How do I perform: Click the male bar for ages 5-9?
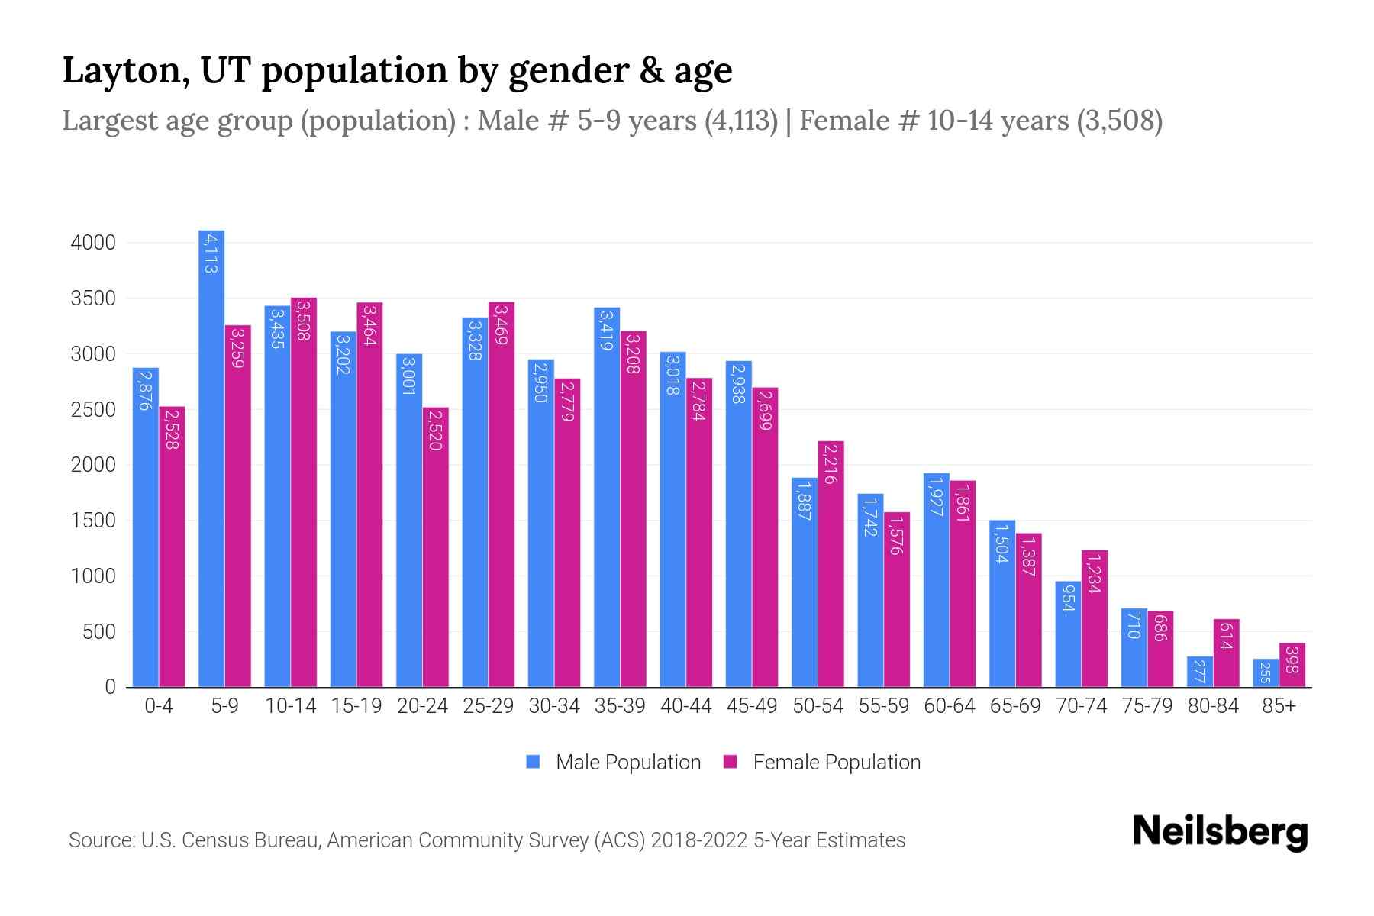pyautogui.click(x=211, y=458)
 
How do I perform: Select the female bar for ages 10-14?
pyautogui.click(x=304, y=492)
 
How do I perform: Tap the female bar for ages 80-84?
pyautogui.click(x=1226, y=653)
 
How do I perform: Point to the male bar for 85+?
pyautogui.click(x=1266, y=672)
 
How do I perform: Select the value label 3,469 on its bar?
pyautogui.click(x=501, y=324)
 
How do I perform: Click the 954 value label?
pyautogui.click(x=1069, y=597)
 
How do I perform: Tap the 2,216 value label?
pyautogui.click(x=831, y=463)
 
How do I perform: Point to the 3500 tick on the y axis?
pyautogui.click(x=93, y=298)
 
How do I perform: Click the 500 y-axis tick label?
pyautogui.click(x=99, y=632)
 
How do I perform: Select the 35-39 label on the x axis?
pyautogui.click(x=620, y=706)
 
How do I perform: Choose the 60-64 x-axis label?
pyautogui.click(x=950, y=706)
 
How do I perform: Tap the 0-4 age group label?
pyautogui.click(x=159, y=706)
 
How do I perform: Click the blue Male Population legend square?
pyautogui.click(x=533, y=762)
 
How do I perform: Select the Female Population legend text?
pyautogui.click(x=837, y=763)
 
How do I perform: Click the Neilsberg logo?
pyautogui.click(x=1220, y=832)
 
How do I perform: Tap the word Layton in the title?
pyautogui.click(x=121, y=70)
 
